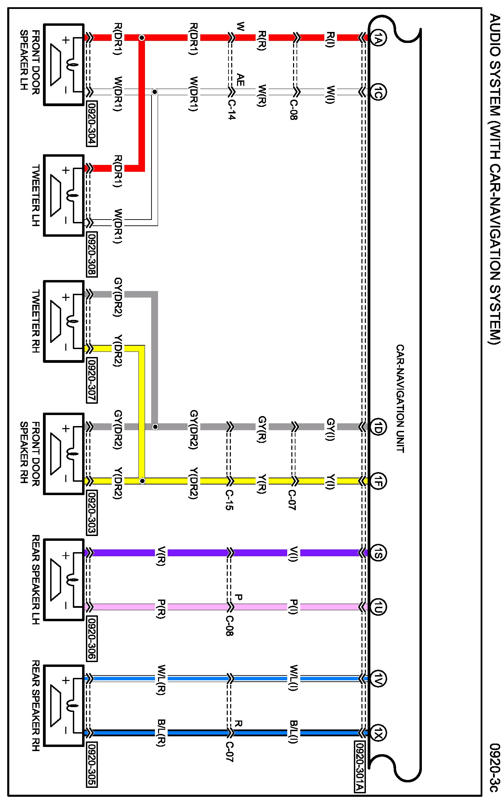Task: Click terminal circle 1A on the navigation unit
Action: pos(378,37)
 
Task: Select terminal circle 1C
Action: pos(378,92)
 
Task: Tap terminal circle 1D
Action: pos(378,427)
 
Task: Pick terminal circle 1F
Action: pos(378,481)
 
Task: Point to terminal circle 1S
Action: pos(378,552)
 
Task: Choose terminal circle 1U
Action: pos(378,607)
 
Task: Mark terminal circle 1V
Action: pos(378,678)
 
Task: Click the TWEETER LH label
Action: pos(35,196)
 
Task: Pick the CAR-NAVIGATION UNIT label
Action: pos(400,399)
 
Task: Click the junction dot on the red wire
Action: pos(142,37)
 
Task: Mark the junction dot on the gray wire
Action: pos(155,427)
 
